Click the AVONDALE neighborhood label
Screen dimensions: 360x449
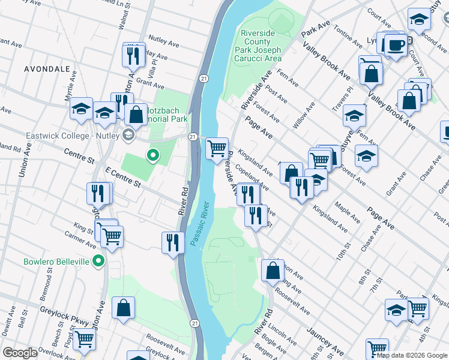click(x=47, y=69)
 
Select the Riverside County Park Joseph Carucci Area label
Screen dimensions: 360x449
click(x=261, y=46)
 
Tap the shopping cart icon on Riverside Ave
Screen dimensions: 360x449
click(x=217, y=147)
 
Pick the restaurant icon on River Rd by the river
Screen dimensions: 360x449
click(x=173, y=242)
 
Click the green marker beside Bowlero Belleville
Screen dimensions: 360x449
click(x=98, y=262)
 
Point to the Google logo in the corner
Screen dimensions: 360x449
click(x=20, y=353)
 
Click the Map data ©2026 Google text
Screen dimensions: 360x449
click(x=411, y=355)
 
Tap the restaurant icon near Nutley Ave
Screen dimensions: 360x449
click(x=134, y=55)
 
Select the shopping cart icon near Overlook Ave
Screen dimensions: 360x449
click(x=83, y=339)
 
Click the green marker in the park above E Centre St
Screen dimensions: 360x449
click(x=153, y=156)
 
